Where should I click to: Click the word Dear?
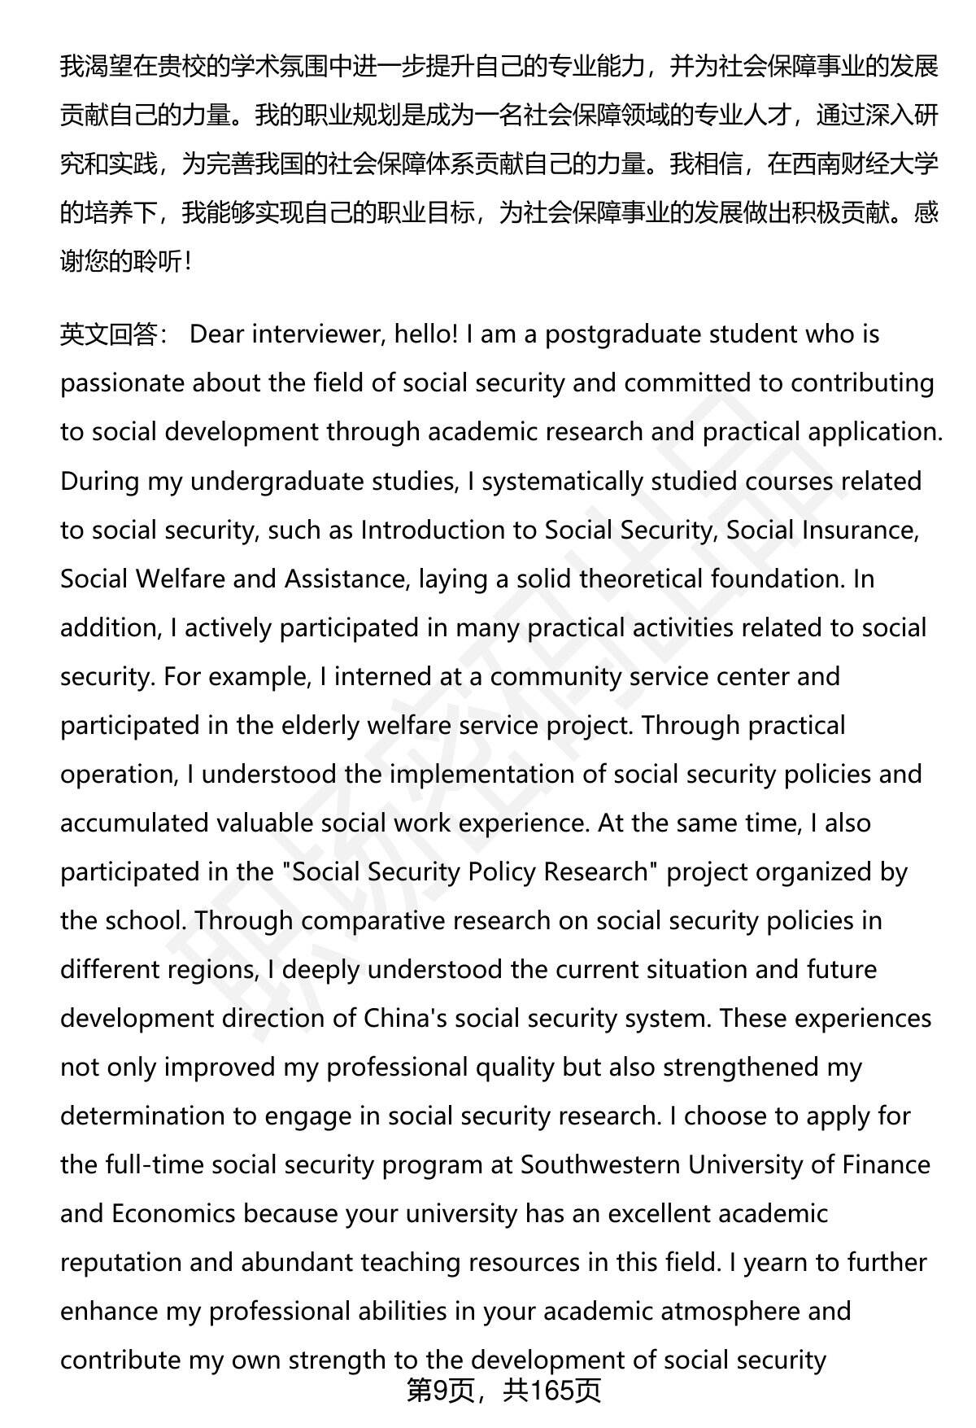tap(216, 334)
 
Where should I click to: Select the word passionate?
tap(122, 383)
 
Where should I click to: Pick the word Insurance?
tap(860, 530)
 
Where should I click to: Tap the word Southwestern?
tap(600, 1164)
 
